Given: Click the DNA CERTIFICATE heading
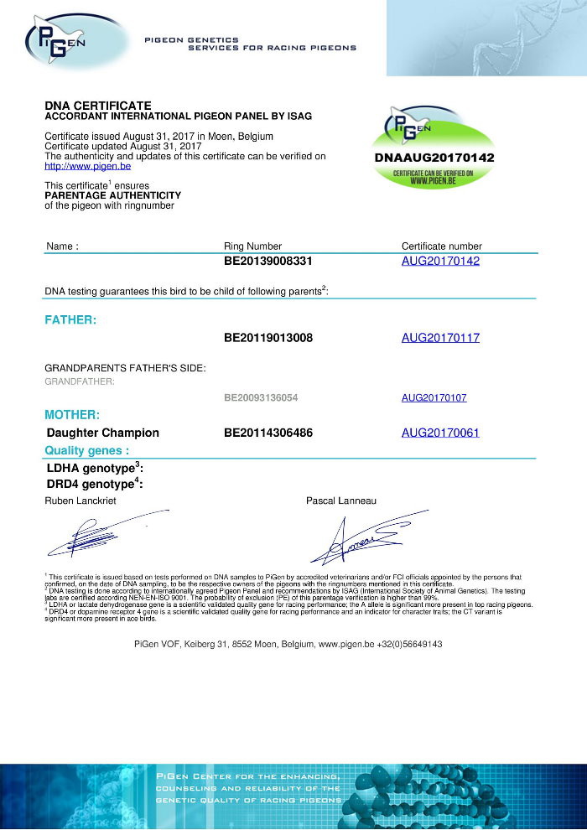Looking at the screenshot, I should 98,105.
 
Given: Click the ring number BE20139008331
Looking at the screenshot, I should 268,262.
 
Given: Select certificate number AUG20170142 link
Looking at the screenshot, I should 440,262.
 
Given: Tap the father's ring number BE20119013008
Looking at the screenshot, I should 268,338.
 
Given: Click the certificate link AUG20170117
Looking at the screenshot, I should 440,338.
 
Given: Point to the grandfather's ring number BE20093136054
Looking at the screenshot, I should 261,397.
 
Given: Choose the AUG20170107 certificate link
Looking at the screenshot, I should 434,397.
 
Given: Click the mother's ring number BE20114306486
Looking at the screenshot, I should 268,433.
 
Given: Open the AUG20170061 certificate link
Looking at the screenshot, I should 440,433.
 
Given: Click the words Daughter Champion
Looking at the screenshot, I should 103,433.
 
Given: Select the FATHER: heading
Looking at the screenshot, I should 70,319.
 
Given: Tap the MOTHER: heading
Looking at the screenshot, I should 72,415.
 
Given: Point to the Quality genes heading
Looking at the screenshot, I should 86,450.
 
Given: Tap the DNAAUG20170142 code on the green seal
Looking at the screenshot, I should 434,158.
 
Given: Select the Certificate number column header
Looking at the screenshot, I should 442,246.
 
